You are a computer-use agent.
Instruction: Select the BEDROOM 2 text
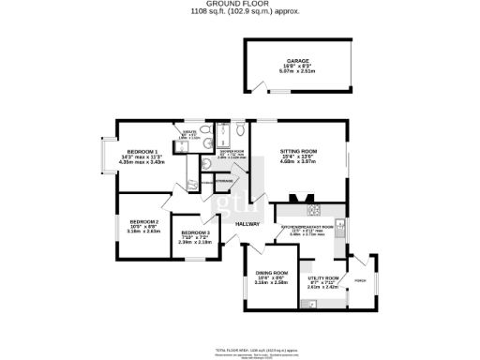(143, 222)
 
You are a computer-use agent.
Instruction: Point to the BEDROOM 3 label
(195, 232)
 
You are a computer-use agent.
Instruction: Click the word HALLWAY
(247, 224)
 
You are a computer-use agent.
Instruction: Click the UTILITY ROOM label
(323, 278)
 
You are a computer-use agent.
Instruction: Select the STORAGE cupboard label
(223, 181)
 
